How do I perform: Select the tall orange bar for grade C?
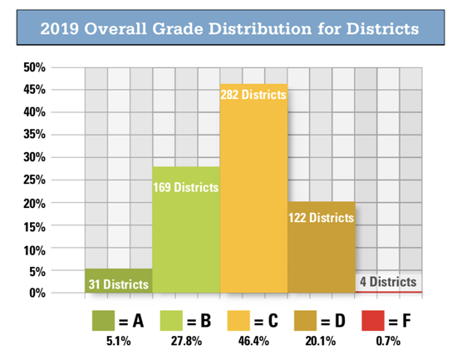pyautogui.click(x=253, y=200)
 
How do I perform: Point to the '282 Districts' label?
pyautogui.click(x=253, y=95)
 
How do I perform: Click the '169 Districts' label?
pyautogui.click(x=186, y=187)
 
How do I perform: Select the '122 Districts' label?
pyautogui.click(x=321, y=218)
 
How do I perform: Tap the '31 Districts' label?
pyautogui.click(x=119, y=284)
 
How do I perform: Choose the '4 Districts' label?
pyautogui.click(x=387, y=282)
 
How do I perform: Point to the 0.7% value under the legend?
pyautogui.click(x=390, y=341)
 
